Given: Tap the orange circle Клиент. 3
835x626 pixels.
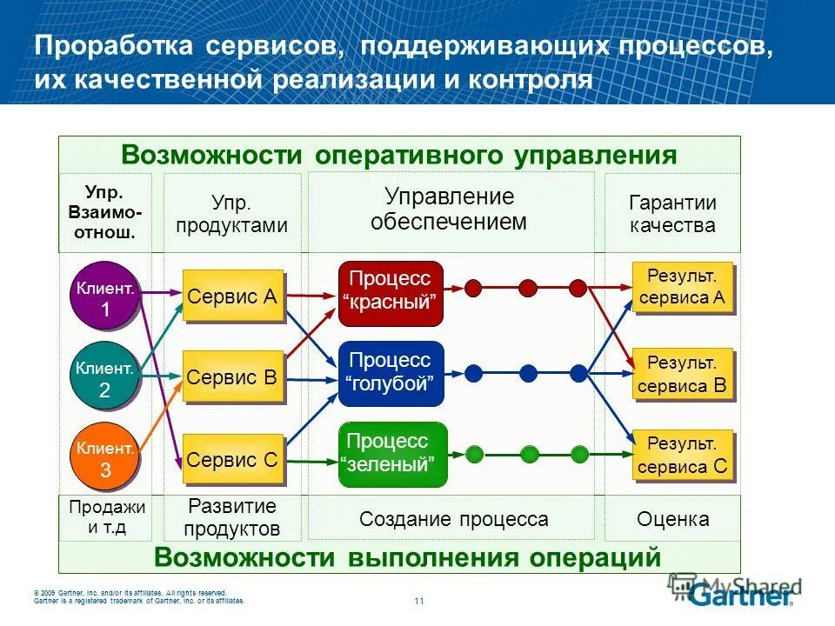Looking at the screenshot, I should pyautogui.click(x=105, y=458).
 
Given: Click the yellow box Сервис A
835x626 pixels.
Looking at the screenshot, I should pyautogui.click(x=232, y=296).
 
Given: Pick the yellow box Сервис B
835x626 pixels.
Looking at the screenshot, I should pyautogui.click(x=232, y=377).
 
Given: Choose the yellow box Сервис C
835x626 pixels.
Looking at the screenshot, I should pyautogui.click(x=232, y=459).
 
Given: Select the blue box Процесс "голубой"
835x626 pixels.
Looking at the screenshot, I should pyautogui.click(x=391, y=372).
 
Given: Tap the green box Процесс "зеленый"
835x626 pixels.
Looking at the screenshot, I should pyautogui.click(x=391, y=453).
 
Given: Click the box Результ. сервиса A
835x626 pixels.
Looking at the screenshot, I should pyautogui.click(x=682, y=288).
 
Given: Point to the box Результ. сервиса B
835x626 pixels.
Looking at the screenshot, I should pyautogui.click(x=682, y=374).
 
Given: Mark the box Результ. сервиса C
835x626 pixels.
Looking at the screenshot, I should pyautogui.click(x=682, y=456).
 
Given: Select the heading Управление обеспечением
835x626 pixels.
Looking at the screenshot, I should pyautogui.click(x=449, y=209).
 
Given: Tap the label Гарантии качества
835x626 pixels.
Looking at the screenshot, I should pyautogui.click(x=672, y=214).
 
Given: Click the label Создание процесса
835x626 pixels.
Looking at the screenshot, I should pyautogui.click(x=453, y=520).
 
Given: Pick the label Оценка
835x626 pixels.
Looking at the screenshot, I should pyautogui.click(x=672, y=520).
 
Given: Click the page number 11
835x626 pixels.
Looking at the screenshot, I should pyautogui.click(x=418, y=601).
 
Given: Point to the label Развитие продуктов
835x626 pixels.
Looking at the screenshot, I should pyautogui.click(x=232, y=517).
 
